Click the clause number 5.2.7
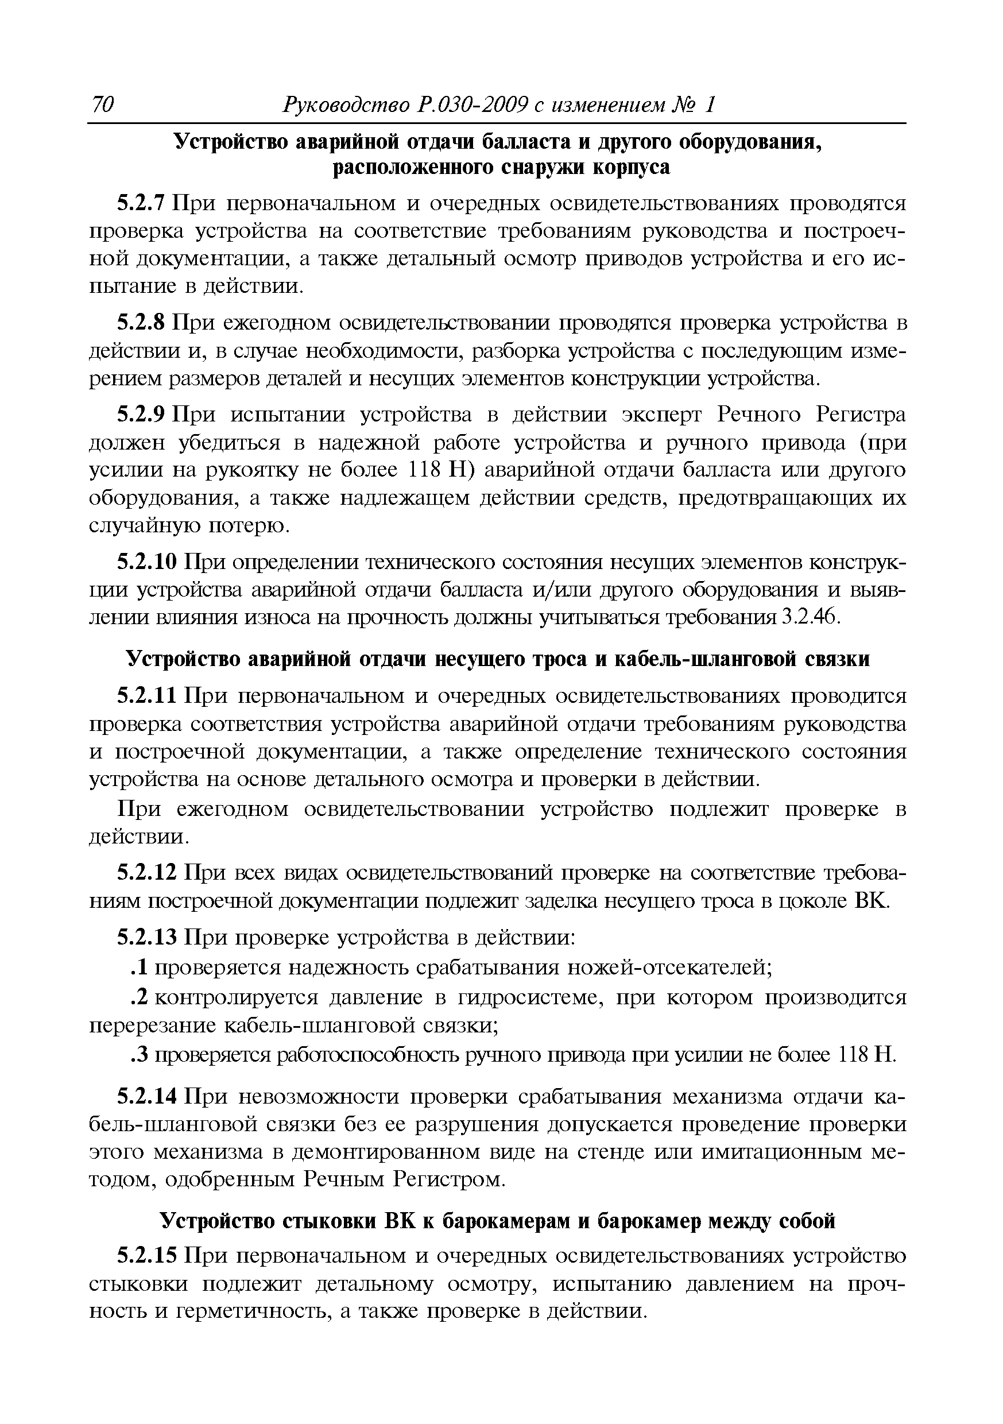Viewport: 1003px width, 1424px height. pyautogui.click(x=141, y=203)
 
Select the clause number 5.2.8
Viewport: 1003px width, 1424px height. pyautogui.click(x=141, y=323)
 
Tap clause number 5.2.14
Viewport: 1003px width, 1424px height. pyautogui.click(x=148, y=1097)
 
